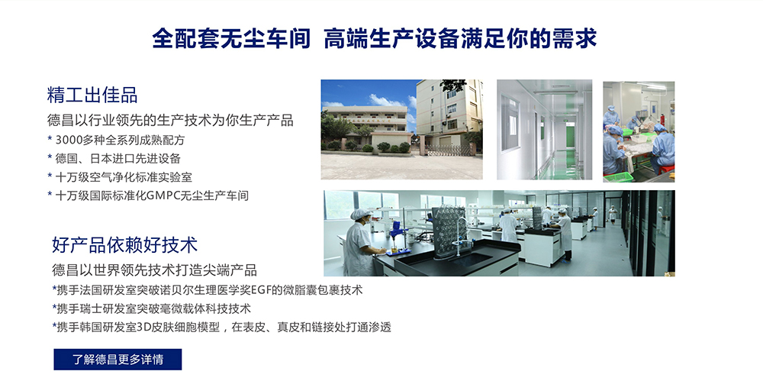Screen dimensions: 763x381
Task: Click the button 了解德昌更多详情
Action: (118, 360)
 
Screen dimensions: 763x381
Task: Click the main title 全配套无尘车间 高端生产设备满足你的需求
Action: (374, 39)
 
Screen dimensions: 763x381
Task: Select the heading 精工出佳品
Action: (92, 95)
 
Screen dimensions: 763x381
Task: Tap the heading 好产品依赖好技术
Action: (124, 244)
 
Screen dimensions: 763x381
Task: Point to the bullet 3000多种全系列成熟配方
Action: (116, 140)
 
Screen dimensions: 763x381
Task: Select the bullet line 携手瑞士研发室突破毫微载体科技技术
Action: (151, 308)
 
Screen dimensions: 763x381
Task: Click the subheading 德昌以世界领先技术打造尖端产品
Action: (154, 270)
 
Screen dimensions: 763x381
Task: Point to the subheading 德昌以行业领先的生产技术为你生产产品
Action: (170, 120)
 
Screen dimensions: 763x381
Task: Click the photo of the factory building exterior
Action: (402, 130)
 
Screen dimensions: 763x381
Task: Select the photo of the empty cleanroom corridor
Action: (545, 130)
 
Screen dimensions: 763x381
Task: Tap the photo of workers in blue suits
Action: (639, 131)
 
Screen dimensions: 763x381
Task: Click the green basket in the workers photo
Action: (619, 176)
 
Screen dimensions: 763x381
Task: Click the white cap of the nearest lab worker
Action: (361, 214)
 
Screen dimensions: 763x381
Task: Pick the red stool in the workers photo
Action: (667, 169)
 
